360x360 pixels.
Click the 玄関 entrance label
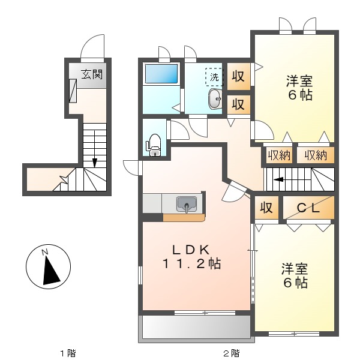pyautogui.click(x=92, y=75)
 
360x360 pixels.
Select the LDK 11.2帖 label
pyautogui.click(x=191, y=256)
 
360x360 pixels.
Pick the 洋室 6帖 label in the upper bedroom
pyautogui.click(x=298, y=88)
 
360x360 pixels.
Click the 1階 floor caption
pyautogui.click(x=67, y=352)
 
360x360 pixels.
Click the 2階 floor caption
pyautogui.click(x=231, y=352)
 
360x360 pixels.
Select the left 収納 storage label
pyautogui.click(x=279, y=155)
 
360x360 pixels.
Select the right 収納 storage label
pyautogui.click(x=316, y=155)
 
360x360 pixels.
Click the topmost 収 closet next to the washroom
pyautogui.click(x=238, y=76)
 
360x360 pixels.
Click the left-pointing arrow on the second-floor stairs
pyautogui.click(x=278, y=178)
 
